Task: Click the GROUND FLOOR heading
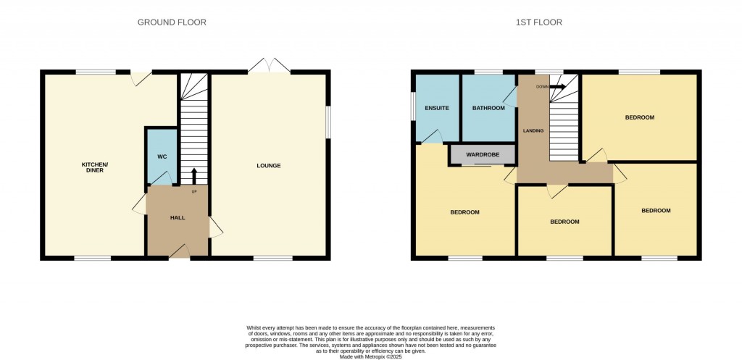coord(172,22)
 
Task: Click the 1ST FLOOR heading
coord(538,22)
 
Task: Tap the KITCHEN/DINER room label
coord(94,167)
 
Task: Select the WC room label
coord(162,156)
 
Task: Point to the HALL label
coord(178,218)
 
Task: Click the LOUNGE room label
coord(268,166)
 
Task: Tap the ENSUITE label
coord(437,109)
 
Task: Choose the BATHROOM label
coord(488,109)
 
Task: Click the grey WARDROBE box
coord(482,155)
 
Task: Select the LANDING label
coord(533,131)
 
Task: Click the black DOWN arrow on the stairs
coord(557,87)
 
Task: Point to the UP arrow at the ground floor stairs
coord(194,175)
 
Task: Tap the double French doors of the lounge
coord(269,67)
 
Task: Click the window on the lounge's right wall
coord(328,122)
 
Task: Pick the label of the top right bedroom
coord(640,117)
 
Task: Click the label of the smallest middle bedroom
coord(564,222)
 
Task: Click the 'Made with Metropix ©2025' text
coord(371,356)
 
